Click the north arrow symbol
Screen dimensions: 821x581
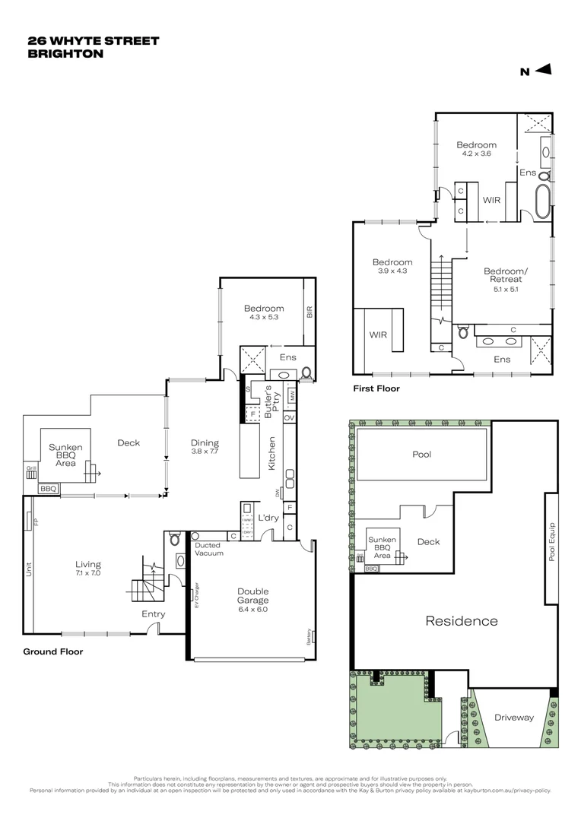coord(543,71)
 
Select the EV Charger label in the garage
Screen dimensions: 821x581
coord(196,594)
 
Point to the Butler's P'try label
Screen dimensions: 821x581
coord(268,401)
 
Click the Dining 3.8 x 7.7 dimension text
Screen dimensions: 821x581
coord(205,452)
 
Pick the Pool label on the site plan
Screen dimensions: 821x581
coord(421,455)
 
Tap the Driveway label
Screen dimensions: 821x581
coord(514,717)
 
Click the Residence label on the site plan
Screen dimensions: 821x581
coord(461,621)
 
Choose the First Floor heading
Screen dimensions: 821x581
coord(376,388)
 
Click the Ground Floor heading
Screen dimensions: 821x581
coord(52,651)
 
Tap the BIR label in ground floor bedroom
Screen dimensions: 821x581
coord(310,312)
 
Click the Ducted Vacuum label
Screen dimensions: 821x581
coord(208,549)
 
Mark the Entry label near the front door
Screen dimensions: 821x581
coord(153,613)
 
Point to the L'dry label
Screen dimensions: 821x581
coord(267,518)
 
